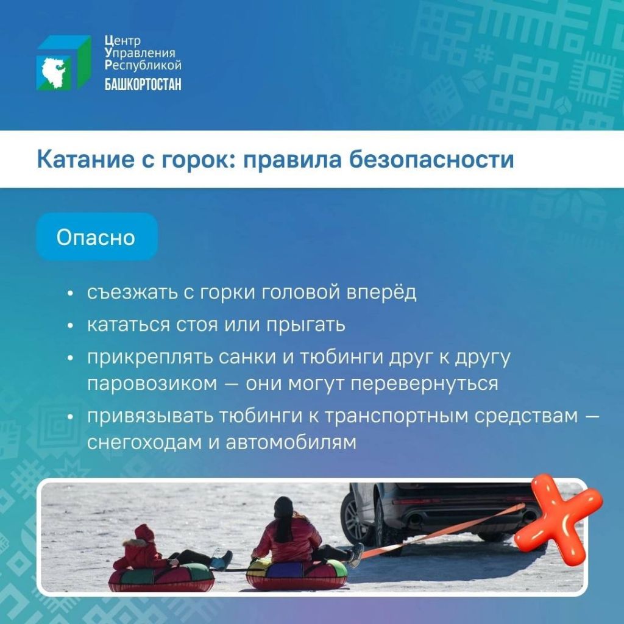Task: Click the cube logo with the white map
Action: click(x=63, y=63)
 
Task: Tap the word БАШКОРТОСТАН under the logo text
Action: click(x=143, y=84)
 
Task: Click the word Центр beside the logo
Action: click(x=122, y=41)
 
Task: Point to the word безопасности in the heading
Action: click(x=431, y=159)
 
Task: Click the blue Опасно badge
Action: click(x=97, y=237)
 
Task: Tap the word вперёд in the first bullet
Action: click(x=381, y=293)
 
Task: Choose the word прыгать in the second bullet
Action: click(x=306, y=325)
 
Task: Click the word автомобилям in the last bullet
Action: click(x=291, y=442)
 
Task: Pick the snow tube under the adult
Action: click(x=297, y=573)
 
